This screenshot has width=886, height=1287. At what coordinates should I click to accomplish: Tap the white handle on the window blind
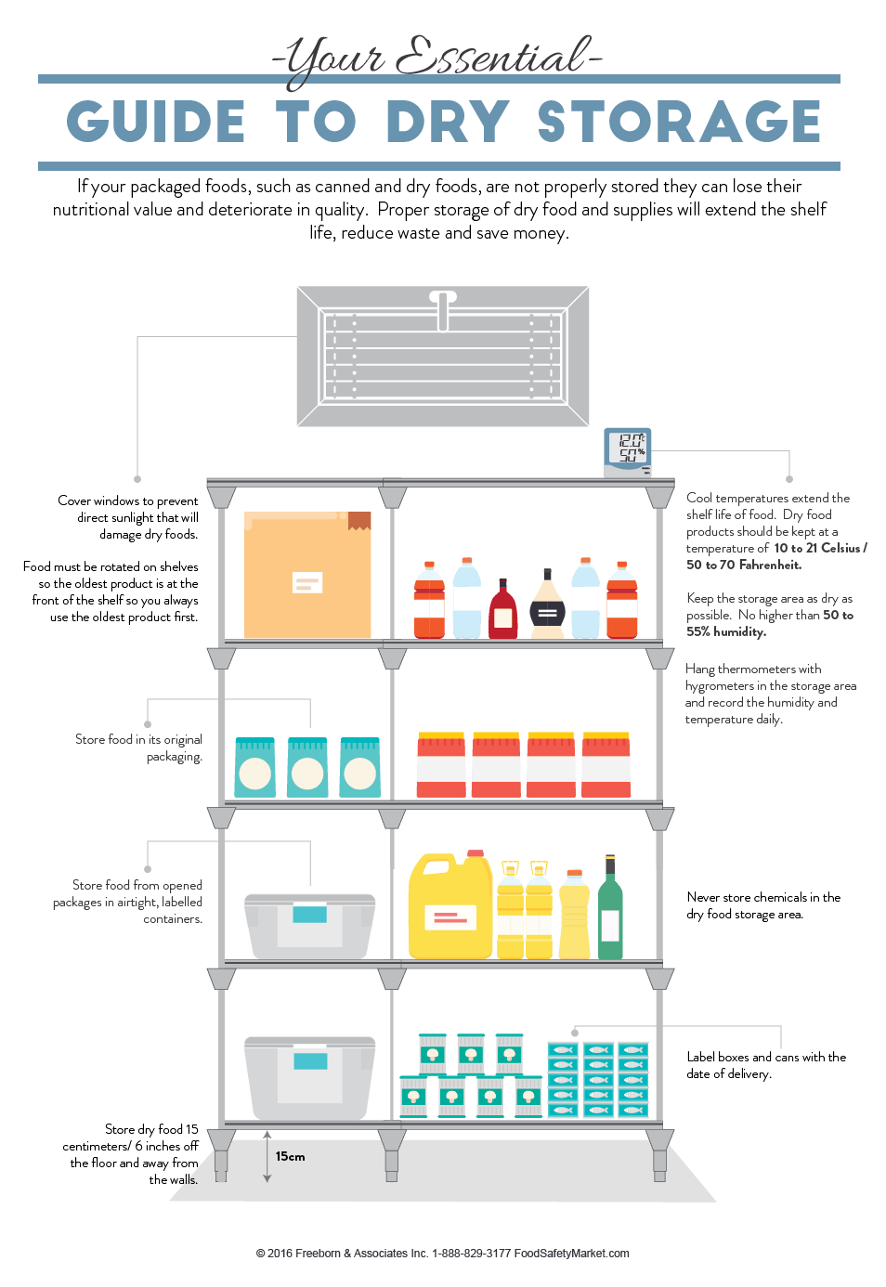[x=443, y=310]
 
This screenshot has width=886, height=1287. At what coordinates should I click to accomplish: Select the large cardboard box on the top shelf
[x=307, y=576]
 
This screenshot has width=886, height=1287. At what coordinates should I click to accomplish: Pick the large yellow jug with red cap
[x=450, y=906]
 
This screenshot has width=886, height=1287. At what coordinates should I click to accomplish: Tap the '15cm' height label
[x=290, y=1156]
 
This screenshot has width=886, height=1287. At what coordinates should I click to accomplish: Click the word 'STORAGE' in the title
[x=679, y=122]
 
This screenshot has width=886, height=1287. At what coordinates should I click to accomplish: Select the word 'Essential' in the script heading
[x=492, y=58]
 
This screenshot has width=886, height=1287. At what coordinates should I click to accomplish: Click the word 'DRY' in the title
[x=448, y=122]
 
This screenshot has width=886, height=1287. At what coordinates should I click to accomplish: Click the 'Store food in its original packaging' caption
[x=139, y=747]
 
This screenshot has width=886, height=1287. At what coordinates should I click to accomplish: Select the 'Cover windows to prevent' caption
[x=128, y=500]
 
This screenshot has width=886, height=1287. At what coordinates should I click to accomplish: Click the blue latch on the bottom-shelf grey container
[x=310, y=1059]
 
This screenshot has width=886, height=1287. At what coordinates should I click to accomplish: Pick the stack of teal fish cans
[x=598, y=1079]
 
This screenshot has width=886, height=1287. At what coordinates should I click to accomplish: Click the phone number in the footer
[x=471, y=1254]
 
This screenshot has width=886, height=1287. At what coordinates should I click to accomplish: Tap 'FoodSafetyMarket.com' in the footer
[x=572, y=1254]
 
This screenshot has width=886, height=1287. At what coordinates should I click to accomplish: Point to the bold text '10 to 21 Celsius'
[x=819, y=548]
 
